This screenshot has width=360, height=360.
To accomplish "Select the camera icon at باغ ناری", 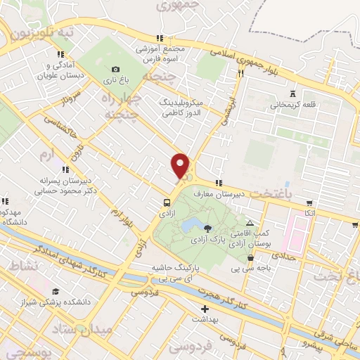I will pos(115,69).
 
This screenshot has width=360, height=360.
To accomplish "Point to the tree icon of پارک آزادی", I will pos(207,228).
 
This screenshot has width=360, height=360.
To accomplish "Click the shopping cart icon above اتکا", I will pos(309,201).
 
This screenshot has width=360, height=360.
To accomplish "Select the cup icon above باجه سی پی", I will pos(250,257).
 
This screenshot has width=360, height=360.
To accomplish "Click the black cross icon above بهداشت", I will pos(205,309).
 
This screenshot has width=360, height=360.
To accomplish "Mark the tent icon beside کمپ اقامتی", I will pos(249,223).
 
